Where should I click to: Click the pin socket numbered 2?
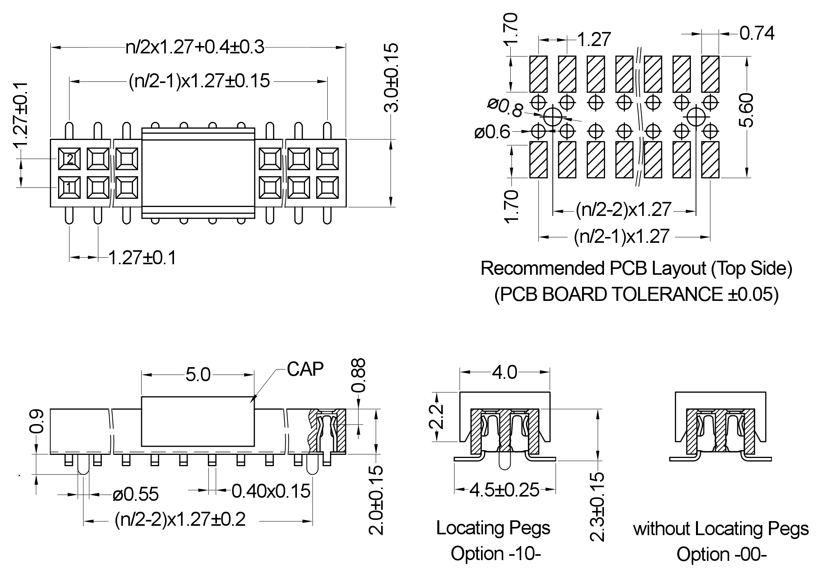69,159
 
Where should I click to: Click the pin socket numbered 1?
69,188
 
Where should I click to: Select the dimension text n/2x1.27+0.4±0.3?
195,47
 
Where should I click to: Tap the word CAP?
305,369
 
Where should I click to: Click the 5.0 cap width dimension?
198,375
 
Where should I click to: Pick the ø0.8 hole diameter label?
505,108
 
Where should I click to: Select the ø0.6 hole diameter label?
492,133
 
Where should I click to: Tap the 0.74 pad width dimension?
757,34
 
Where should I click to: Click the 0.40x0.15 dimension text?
271,491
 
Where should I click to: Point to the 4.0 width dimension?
504,373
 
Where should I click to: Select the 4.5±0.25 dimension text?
504,490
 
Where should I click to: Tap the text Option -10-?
496,553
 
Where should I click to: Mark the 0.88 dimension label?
358,375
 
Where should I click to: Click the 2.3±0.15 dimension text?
597,506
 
